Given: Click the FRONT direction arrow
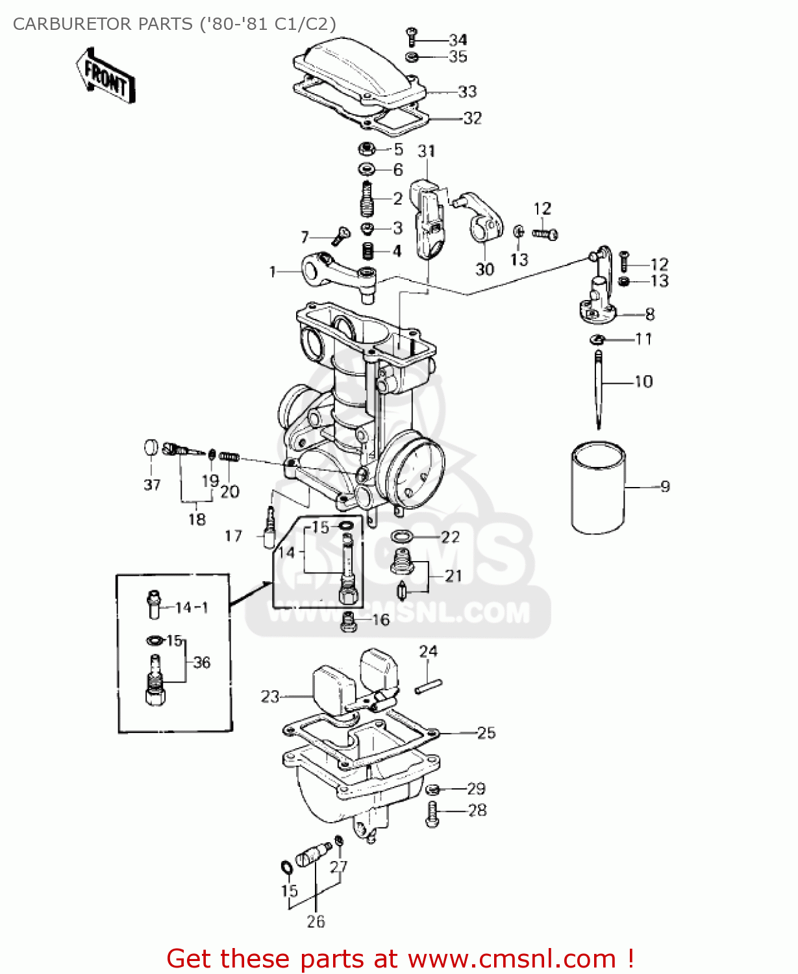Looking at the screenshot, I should coord(106,76).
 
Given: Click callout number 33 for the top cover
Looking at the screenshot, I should coord(467,92).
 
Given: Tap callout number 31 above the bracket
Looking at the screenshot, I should coord(427,151).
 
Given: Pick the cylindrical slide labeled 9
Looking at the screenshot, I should coord(598,488).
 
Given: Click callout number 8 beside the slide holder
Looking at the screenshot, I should coord(649,314).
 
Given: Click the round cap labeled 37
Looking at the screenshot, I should coord(151,447).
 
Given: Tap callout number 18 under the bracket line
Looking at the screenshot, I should coord(197,519).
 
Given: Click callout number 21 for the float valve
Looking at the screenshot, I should coord(453,576).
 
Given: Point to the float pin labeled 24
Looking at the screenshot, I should coord(429,686).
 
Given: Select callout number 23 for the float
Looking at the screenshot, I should coord(269,697).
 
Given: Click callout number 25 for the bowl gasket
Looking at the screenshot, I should coord(486,732).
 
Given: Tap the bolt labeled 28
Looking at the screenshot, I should coord(432,813).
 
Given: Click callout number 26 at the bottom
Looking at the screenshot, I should coord(316,921).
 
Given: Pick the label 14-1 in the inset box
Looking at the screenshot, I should coord(191,607).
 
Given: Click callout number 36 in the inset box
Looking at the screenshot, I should coord(202,662).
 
